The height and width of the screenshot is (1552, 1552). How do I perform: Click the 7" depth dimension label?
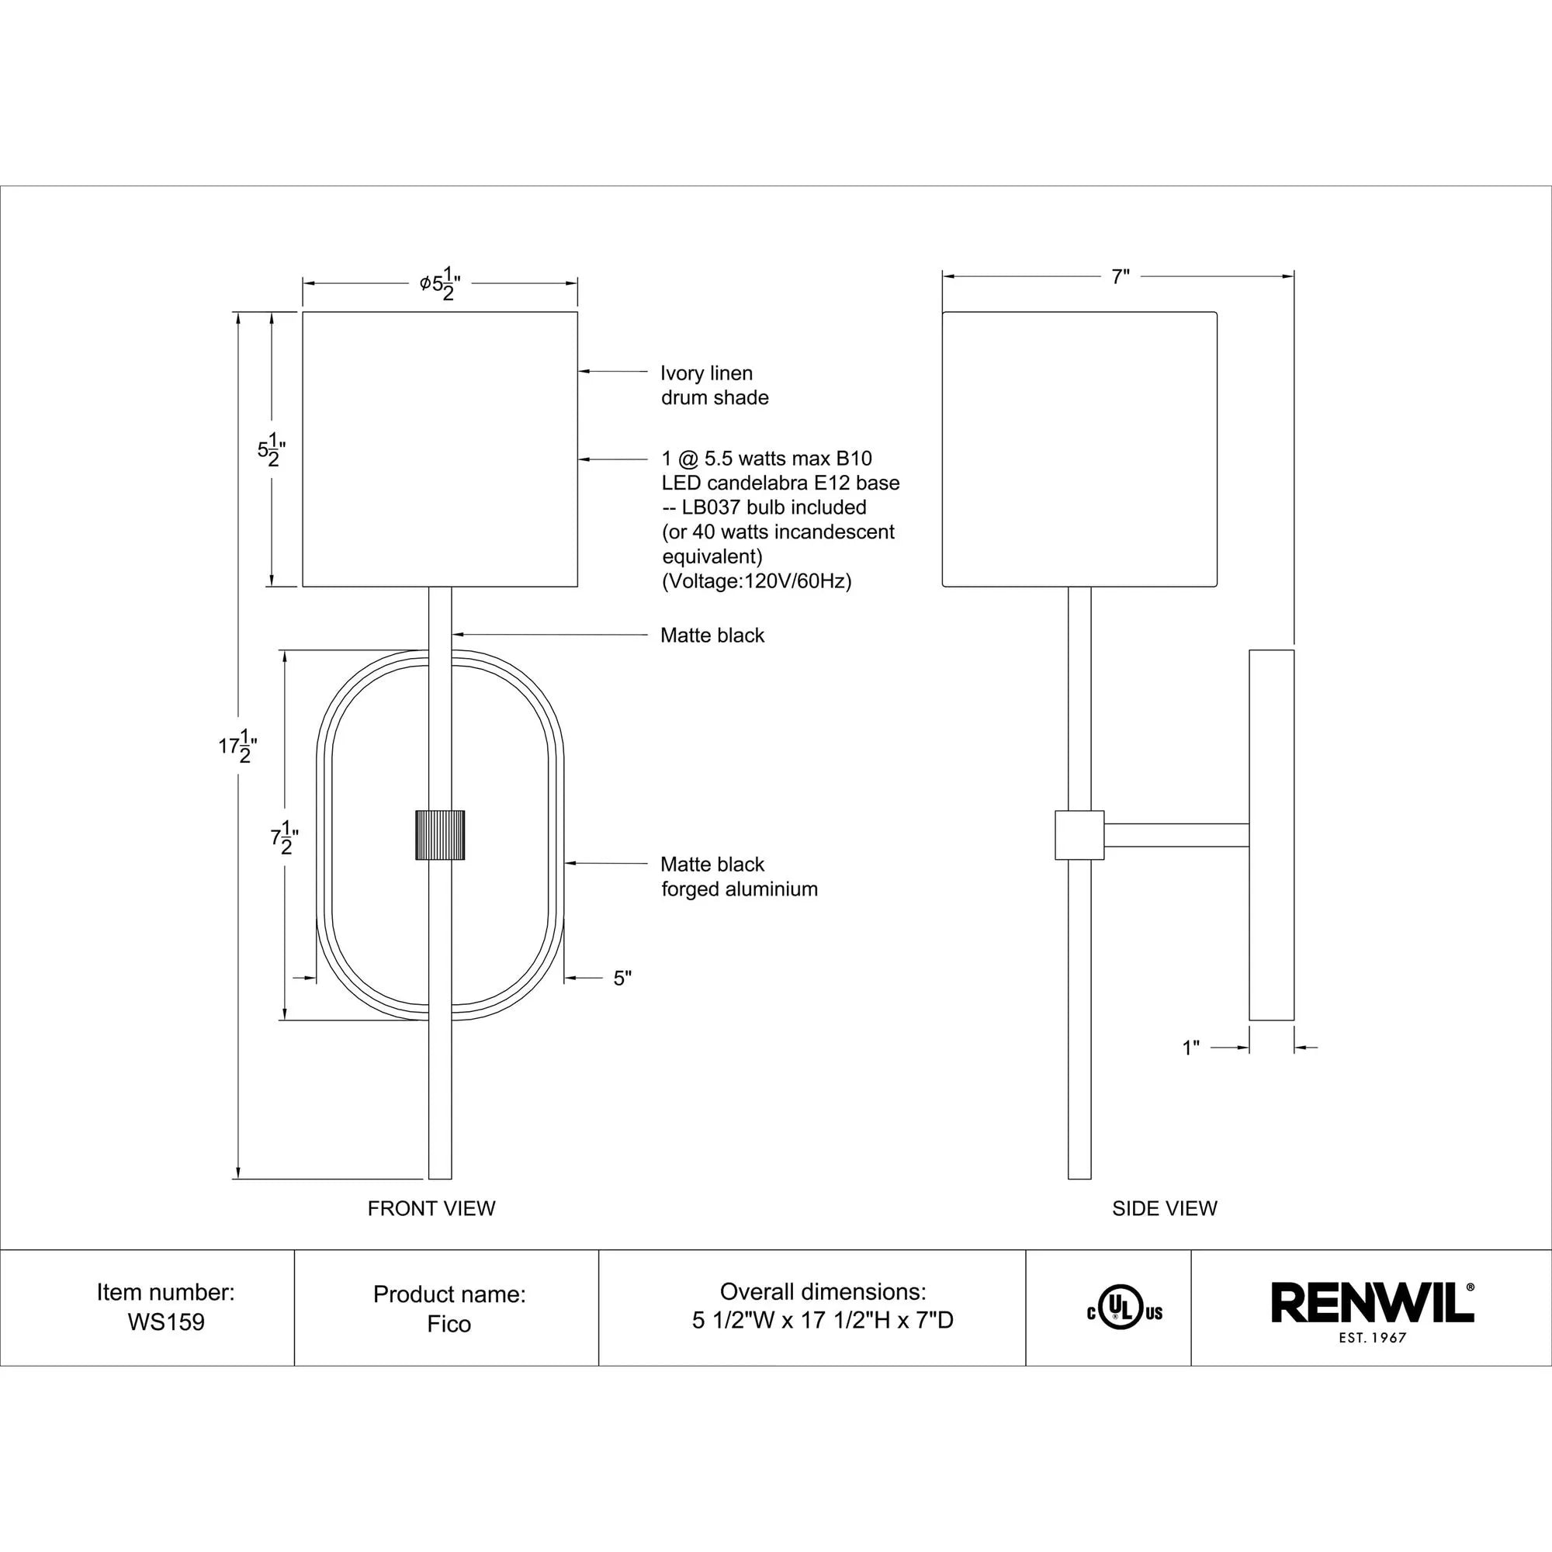1120,277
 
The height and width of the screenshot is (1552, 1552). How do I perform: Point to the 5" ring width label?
622,979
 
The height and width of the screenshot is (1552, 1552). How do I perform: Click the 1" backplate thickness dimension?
1190,1048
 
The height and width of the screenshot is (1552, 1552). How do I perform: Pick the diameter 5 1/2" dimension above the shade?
440,283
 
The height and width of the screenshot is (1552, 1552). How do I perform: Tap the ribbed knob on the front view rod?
439,836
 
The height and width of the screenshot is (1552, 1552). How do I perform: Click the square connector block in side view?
1079,835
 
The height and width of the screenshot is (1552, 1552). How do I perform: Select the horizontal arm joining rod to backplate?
1176,835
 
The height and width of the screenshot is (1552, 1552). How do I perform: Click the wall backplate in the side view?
1271,835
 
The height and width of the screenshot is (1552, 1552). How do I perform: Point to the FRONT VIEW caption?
431,1208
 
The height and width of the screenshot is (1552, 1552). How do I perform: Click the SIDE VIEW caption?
1164,1208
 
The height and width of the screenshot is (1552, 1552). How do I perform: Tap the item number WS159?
166,1322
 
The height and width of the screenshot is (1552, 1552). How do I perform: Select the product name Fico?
449,1324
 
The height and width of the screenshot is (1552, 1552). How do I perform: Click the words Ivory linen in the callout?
706,373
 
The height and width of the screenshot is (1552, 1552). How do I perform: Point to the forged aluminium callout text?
739,889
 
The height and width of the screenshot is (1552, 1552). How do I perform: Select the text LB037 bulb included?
773,508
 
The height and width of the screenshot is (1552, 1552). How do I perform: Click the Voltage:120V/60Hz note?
756,580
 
